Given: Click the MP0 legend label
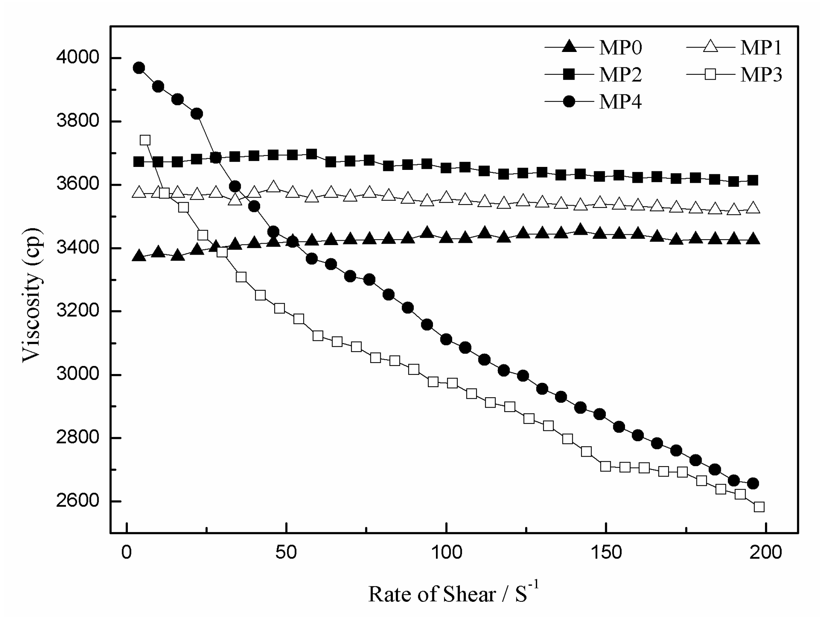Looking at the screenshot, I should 620,48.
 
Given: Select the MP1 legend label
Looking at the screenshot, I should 761,48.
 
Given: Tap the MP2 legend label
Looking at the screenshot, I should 620,75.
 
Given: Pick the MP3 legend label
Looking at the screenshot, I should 761,75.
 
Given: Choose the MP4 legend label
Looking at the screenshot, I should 620,102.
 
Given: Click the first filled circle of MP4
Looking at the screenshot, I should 139,68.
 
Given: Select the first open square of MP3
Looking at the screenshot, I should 145,140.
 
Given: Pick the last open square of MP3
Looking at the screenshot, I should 759,507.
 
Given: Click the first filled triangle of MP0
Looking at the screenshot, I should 139,256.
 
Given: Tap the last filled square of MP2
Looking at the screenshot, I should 753,181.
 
